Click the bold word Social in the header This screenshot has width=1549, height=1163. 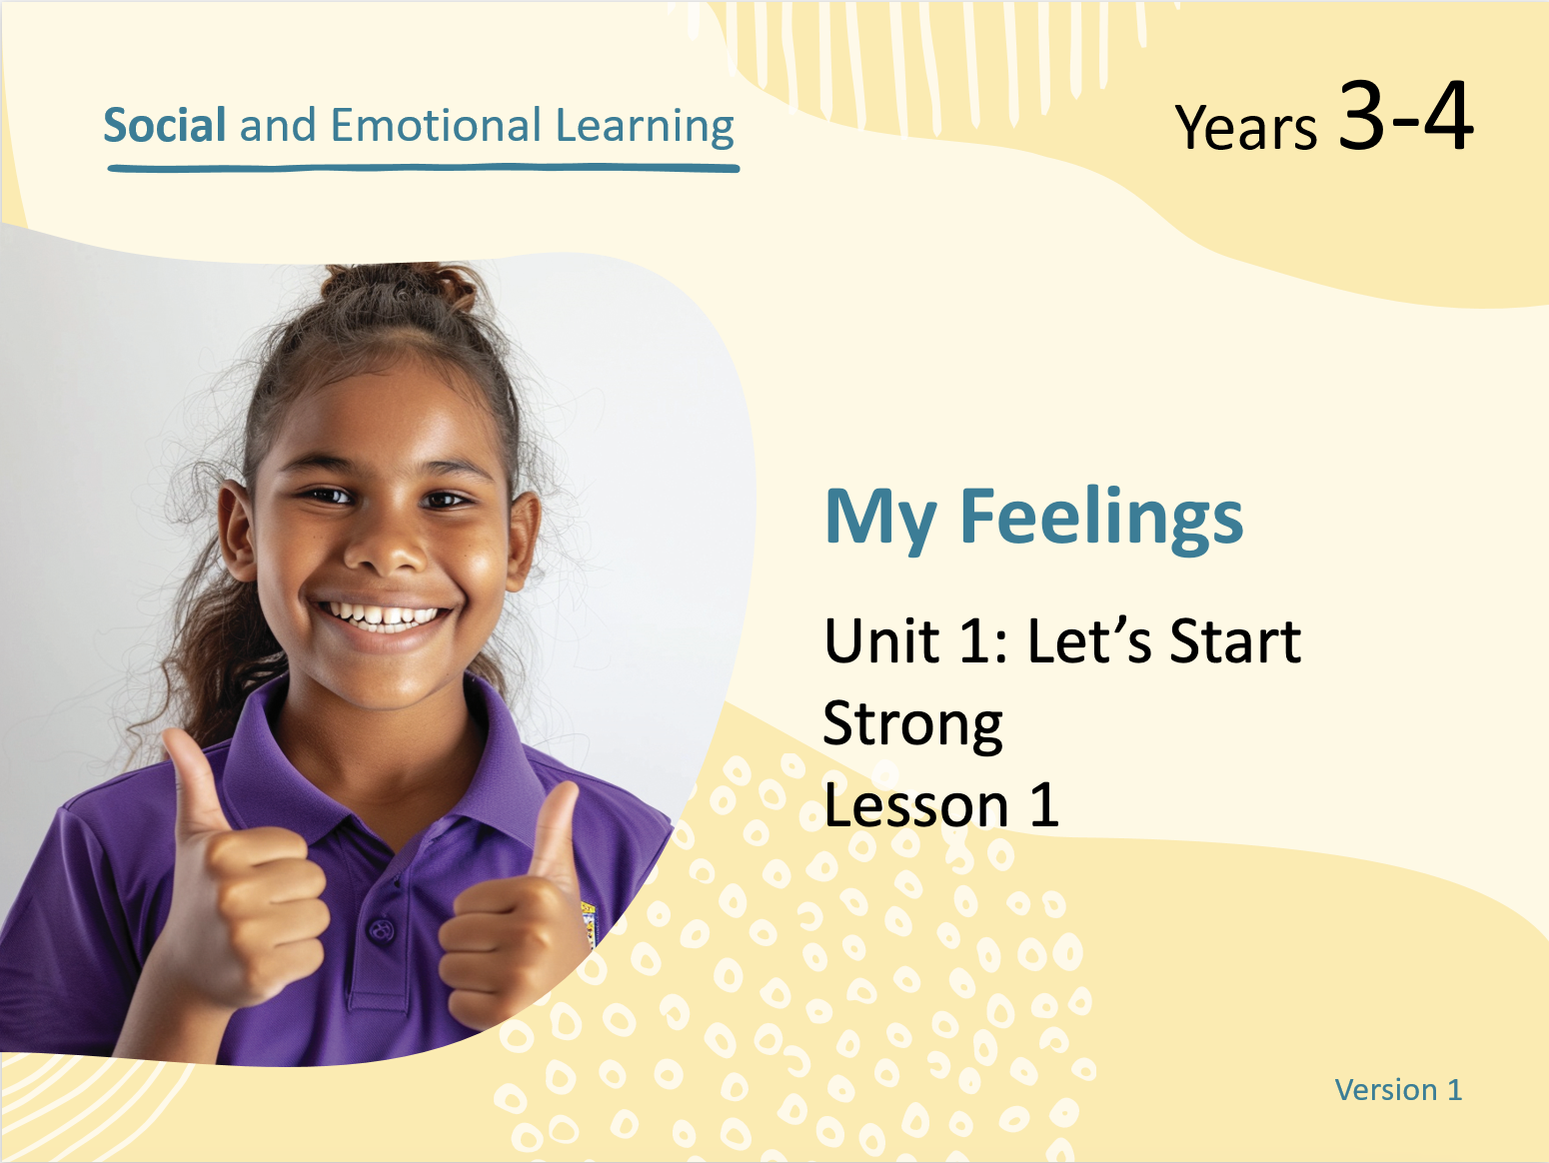coord(165,125)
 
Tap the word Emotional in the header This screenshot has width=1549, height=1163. coord(436,125)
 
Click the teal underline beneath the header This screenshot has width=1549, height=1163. coord(424,169)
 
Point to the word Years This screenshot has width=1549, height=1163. coord(1245,127)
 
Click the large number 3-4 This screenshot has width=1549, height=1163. coord(1405,115)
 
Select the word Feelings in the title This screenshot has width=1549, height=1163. coord(1101,519)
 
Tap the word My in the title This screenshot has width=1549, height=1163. coord(880,519)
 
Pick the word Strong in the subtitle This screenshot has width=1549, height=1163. coord(912,725)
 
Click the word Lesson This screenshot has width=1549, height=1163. coord(916,805)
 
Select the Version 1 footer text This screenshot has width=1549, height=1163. coord(1398,1090)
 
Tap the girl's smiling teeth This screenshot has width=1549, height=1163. coord(382,615)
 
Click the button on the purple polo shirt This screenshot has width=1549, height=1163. coord(382,929)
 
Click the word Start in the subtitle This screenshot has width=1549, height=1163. coord(1235,640)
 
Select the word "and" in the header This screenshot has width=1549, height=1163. coord(278,125)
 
